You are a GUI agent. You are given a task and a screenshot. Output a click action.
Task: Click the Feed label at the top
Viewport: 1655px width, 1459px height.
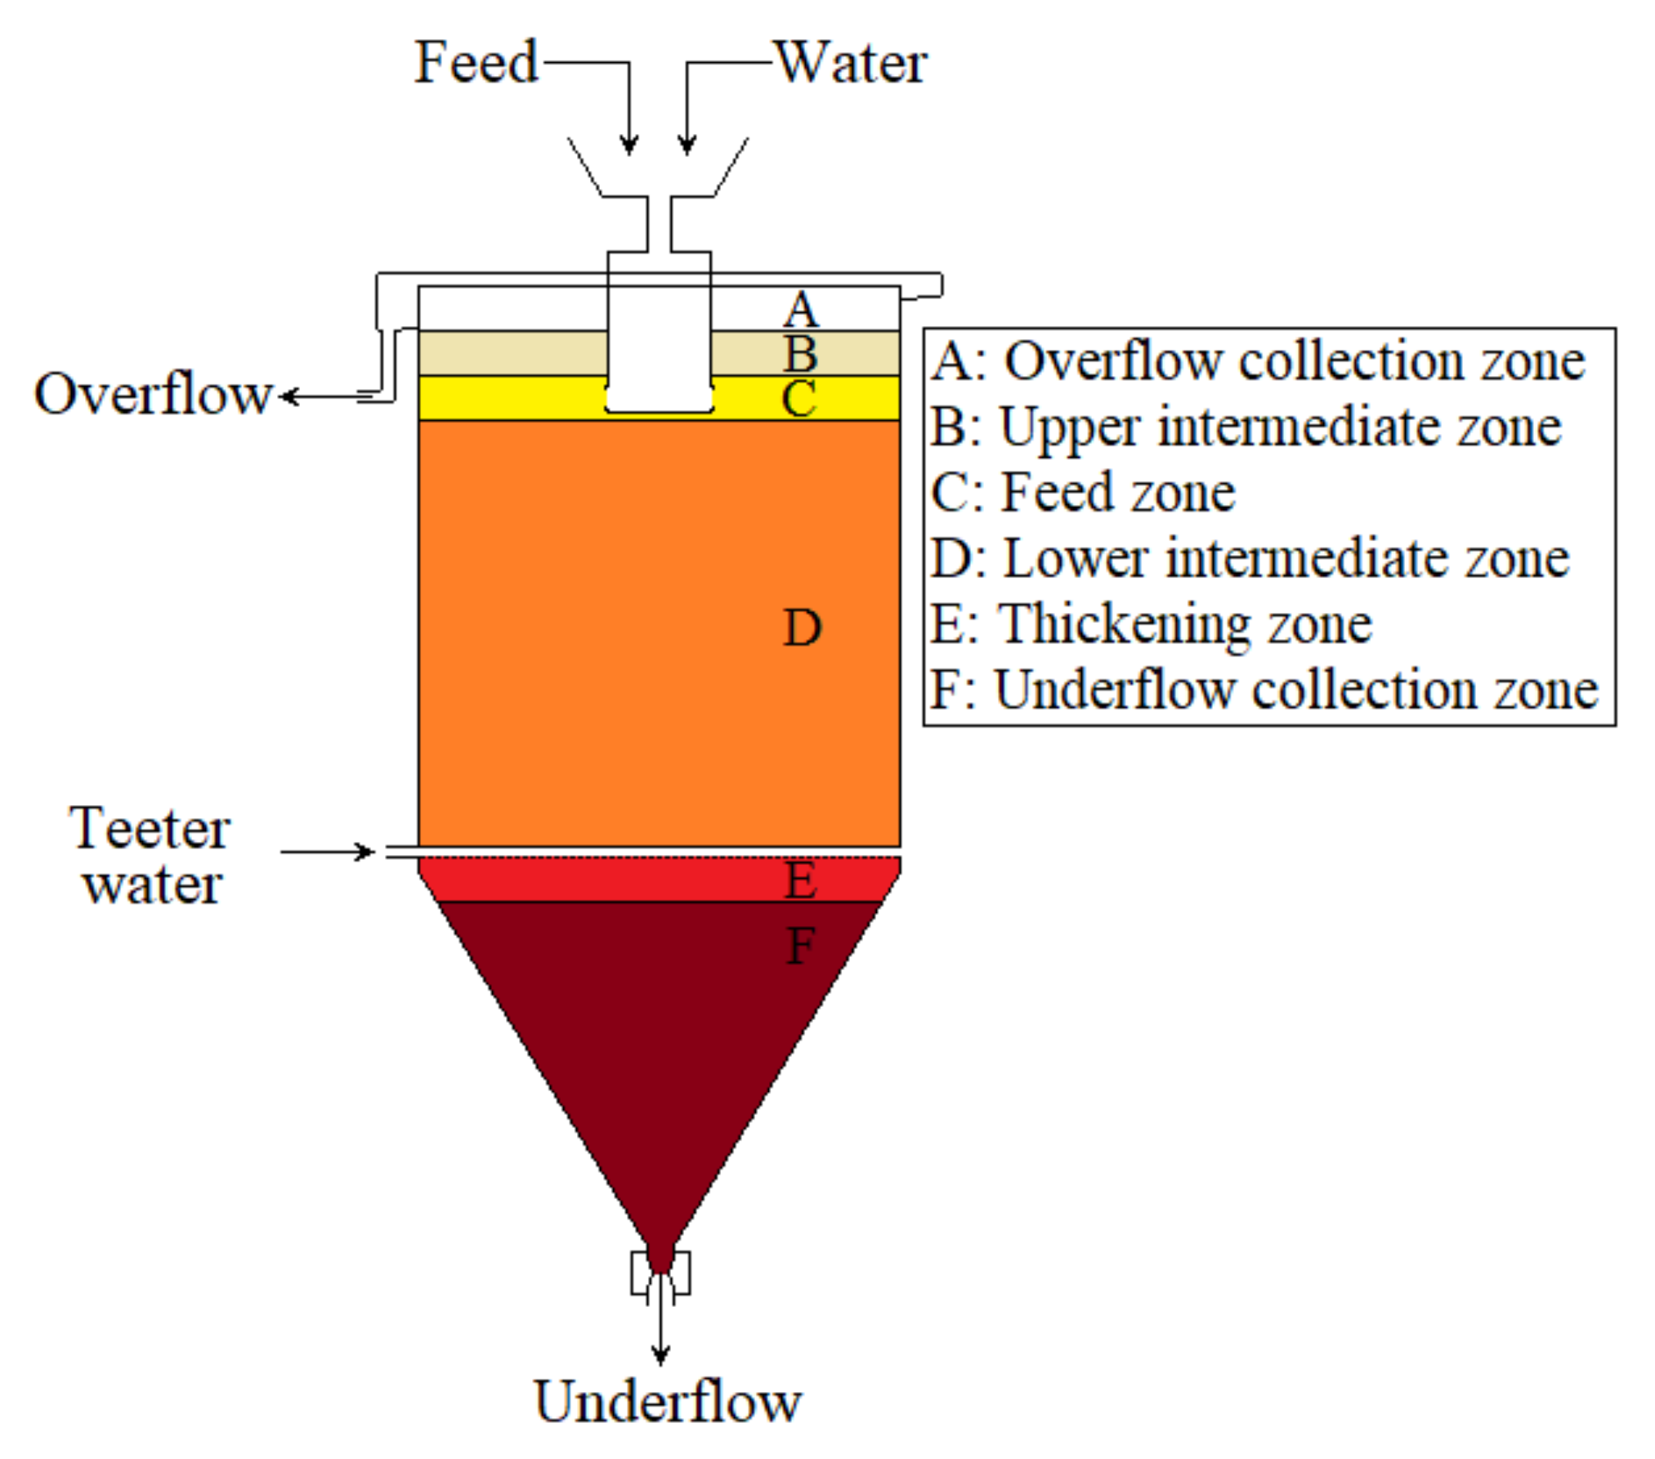[x=476, y=63]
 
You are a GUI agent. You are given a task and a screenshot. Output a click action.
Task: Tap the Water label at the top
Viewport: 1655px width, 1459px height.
[x=851, y=63]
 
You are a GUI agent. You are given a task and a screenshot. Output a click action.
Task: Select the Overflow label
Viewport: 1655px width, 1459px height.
[x=153, y=395]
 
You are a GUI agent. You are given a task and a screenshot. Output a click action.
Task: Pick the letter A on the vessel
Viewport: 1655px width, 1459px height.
[x=800, y=310]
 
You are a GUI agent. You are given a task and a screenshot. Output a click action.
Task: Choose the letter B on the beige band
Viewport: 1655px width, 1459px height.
[x=800, y=354]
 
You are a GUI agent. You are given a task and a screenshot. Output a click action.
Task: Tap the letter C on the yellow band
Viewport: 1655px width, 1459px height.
[x=798, y=399]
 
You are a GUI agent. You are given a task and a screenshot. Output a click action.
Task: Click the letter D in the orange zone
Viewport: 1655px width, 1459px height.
[x=802, y=628]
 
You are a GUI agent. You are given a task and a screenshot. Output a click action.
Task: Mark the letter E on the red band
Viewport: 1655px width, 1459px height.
[x=800, y=880]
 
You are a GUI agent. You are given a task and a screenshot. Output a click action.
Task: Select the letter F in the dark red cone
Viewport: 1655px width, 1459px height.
[x=800, y=946]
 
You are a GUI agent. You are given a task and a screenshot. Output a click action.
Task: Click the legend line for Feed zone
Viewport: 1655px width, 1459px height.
[x=1083, y=493]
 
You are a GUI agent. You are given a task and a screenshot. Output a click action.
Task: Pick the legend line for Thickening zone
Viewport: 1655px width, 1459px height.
[x=1152, y=625]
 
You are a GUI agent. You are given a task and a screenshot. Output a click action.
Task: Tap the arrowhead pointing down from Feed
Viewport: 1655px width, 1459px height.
[x=628, y=145]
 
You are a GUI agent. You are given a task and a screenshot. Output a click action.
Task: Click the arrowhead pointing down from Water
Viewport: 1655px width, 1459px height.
[x=687, y=145]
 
